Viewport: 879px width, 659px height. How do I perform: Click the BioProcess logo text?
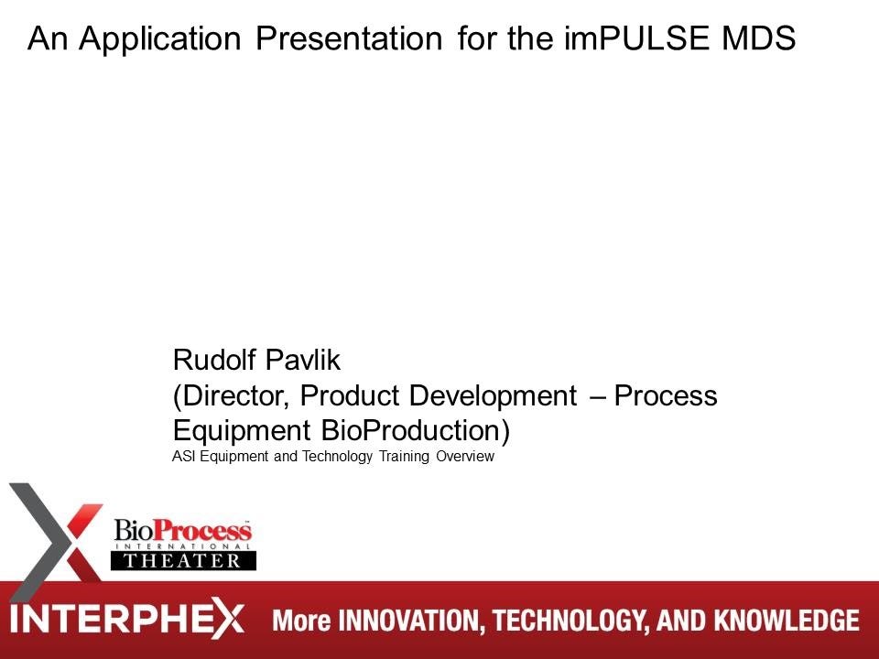tap(182, 531)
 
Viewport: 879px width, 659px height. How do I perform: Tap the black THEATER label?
tap(183, 560)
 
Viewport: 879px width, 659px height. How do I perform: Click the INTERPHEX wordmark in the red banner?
tap(128, 620)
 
